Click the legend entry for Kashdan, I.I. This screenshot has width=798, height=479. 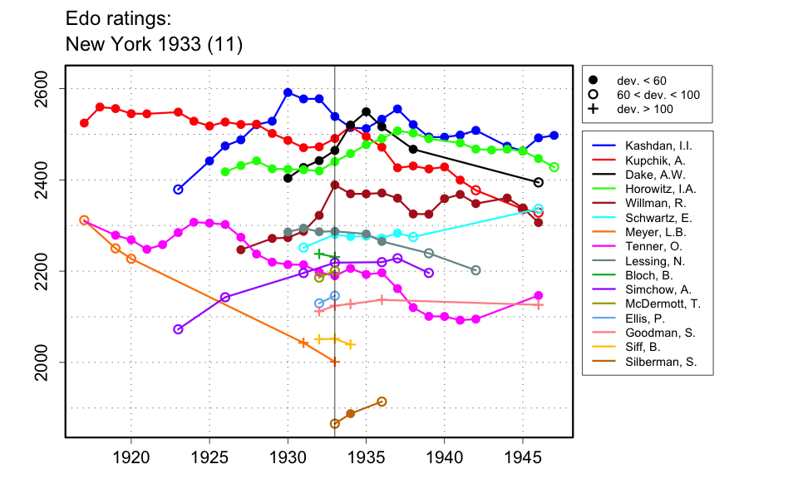click(653, 146)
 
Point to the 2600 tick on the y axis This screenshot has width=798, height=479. click(65, 88)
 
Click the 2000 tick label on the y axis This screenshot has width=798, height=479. click(47, 363)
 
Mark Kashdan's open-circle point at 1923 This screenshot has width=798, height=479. click(178, 190)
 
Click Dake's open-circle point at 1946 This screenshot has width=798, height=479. click(539, 182)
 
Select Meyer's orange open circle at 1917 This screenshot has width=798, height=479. click(84, 220)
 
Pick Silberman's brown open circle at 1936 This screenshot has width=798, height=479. click(382, 402)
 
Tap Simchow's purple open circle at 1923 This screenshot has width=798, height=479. click(178, 329)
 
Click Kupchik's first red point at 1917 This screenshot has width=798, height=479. click(84, 123)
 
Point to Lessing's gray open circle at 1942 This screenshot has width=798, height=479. click(475, 270)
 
